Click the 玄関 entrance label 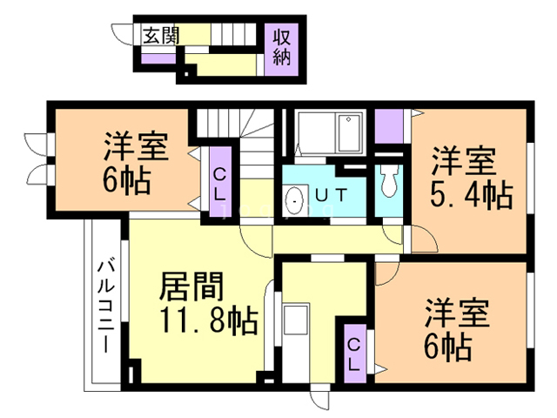tap(161, 36)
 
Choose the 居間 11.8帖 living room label tap(206, 304)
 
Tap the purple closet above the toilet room tap(392, 127)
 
